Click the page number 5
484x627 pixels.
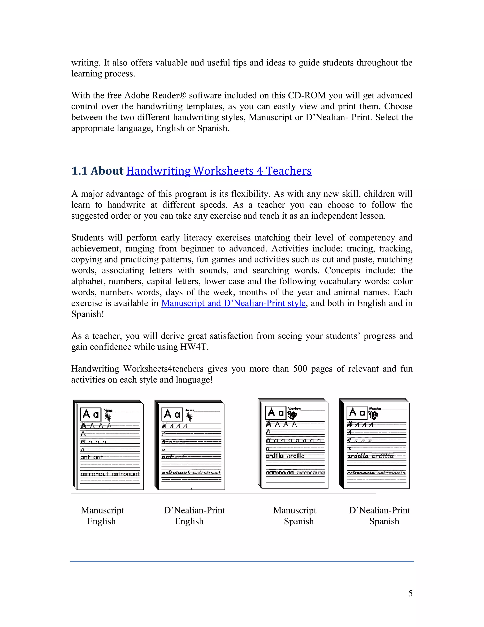click(x=410, y=593)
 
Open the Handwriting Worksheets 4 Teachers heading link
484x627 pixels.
click(x=219, y=171)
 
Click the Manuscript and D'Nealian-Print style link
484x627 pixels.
click(x=233, y=303)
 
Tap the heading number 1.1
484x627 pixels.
click(x=79, y=171)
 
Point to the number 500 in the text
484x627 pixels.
click(x=300, y=369)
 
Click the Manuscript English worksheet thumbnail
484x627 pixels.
click(x=109, y=445)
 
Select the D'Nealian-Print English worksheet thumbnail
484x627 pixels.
click(x=190, y=445)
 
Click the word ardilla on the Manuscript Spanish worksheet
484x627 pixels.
click(x=274, y=456)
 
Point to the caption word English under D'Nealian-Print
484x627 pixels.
click(x=189, y=521)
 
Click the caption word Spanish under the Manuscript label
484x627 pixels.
click(x=299, y=521)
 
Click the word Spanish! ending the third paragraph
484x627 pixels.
click(x=87, y=314)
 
